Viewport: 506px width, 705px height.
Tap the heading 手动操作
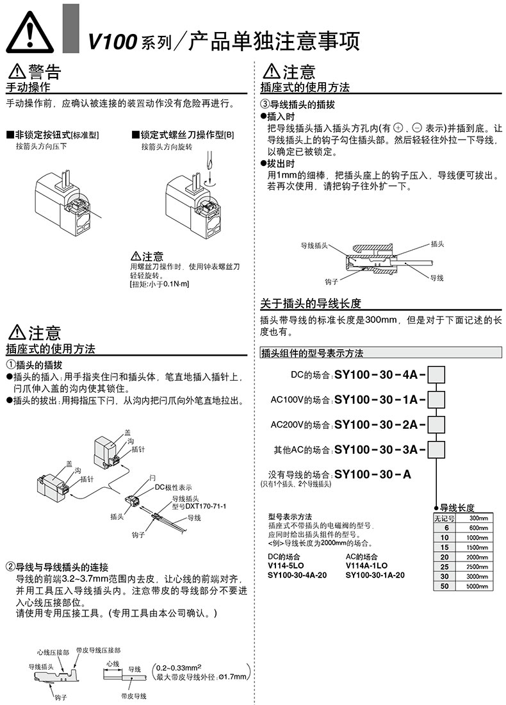[x=28, y=87]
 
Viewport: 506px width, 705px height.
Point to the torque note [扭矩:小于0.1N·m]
[x=159, y=283]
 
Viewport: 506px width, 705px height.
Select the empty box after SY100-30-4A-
[x=436, y=374]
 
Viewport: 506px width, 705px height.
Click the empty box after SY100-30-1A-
[x=436, y=399]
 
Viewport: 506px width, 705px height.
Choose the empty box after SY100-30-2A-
[x=436, y=424]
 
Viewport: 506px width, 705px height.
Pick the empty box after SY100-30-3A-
[x=436, y=449]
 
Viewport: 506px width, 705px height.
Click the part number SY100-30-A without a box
[x=372, y=474]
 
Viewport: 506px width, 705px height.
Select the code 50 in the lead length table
[x=444, y=586]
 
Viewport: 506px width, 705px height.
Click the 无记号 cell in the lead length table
[x=444, y=518]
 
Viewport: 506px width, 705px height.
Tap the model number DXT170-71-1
[x=199, y=506]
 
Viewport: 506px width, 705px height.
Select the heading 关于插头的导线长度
[x=311, y=303]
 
